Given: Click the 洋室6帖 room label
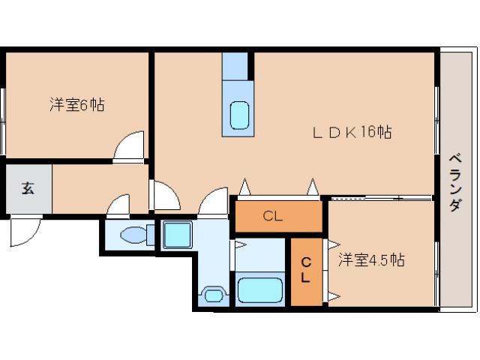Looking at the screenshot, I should coord(76,105).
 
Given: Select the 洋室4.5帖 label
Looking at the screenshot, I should coord(370,260).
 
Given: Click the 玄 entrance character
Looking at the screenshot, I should coord(27,187).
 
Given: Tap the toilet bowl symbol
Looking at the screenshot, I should coord(136,235).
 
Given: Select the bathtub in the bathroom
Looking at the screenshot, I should coord(259,289).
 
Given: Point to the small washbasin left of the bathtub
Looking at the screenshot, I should coord(212,293).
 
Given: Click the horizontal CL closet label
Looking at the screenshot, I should coord(272,217).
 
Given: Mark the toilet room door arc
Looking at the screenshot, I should coord(118,204).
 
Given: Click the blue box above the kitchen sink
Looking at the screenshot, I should coord(235,65).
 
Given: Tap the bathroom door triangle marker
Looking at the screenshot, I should coord(240,244).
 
